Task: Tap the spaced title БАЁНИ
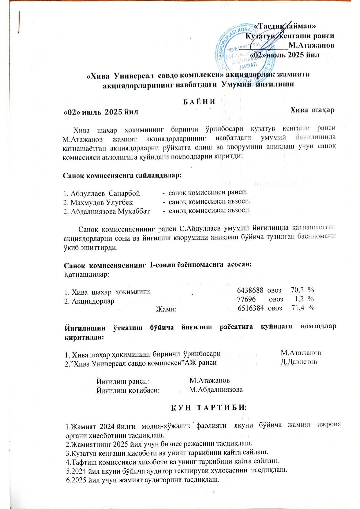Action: (x=199, y=102)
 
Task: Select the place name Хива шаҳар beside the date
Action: (x=312, y=110)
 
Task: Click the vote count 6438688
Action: (x=250, y=290)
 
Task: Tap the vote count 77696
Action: (x=246, y=299)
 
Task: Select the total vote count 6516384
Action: (x=251, y=308)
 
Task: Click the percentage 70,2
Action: (x=297, y=290)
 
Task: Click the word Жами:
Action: (x=166, y=309)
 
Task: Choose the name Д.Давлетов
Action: (x=299, y=362)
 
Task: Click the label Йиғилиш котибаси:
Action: (x=128, y=390)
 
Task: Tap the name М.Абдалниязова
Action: (x=216, y=389)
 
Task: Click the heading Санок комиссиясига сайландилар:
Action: (x=122, y=176)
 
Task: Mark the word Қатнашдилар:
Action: (x=86, y=274)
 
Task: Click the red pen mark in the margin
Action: (x=19, y=23)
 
